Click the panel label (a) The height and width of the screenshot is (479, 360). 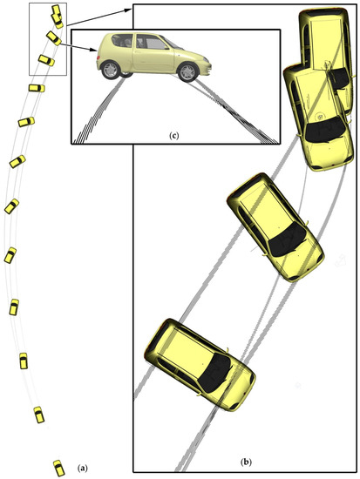coord(83,468)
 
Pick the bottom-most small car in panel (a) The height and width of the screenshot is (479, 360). coord(58,466)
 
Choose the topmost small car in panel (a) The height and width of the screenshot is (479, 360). coord(57,15)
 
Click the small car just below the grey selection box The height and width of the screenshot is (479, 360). coord(35,88)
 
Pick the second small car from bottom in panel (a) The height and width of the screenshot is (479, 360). coord(39,415)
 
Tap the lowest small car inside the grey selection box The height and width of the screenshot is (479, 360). coord(44,61)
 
